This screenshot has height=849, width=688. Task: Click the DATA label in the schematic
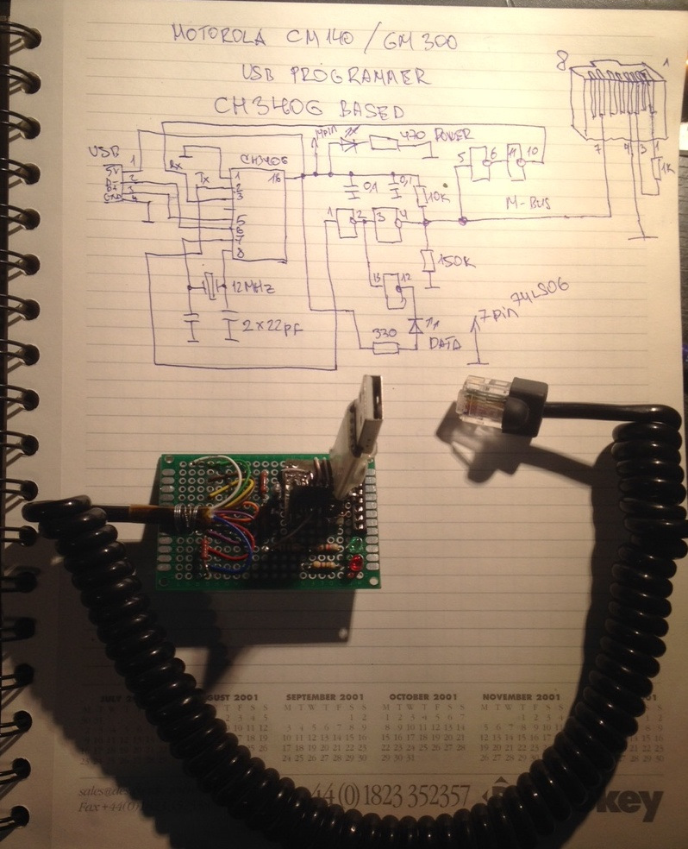pos(443,343)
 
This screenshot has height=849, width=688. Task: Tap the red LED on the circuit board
pos(354,564)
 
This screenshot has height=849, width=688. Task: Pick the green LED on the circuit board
pos(355,546)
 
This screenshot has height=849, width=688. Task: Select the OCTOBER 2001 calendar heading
pos(422,696)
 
